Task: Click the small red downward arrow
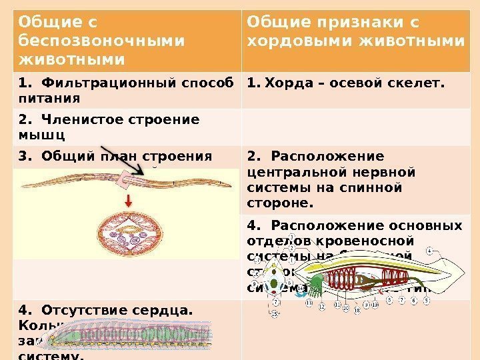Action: [x=127, y=201]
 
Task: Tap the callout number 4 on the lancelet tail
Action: [x=430, y=251]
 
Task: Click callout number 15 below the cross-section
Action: [x=275, y=314]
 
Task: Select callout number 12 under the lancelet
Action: [x=322, y=307]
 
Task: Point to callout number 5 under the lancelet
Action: [x=427, y=301]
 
